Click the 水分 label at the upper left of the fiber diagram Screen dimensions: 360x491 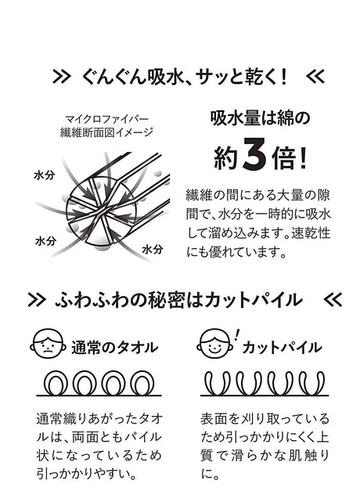tap(44, 175)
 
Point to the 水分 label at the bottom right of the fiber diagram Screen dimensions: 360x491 tap(153, 249)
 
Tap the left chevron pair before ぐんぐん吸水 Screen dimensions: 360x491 tap(61, 77)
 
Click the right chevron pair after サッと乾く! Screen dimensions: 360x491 tap(315, 77)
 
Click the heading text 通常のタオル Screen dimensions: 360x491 tap(114, 348)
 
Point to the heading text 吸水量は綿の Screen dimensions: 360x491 tap(260, 118)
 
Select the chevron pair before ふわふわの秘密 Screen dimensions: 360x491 tap(37, 300)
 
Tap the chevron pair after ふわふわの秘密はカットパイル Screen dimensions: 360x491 tap(333, 300)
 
